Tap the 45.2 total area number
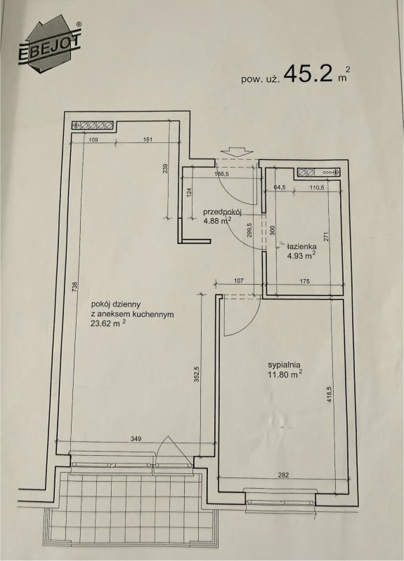(x=308, y=74)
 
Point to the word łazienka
(x=301, y=247)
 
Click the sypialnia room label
(x=284, y=365)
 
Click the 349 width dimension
(x=136, y=438)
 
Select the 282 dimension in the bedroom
(x=283, y=475)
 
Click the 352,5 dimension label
(x=197, y=374)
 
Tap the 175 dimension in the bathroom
(x=304, y=281)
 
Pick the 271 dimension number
(x=326, y=237)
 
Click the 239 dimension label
(x=165, y=169)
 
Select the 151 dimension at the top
(x=148, y=139)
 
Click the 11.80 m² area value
(x=285, y=374)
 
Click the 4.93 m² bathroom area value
(x=301, y=255)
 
